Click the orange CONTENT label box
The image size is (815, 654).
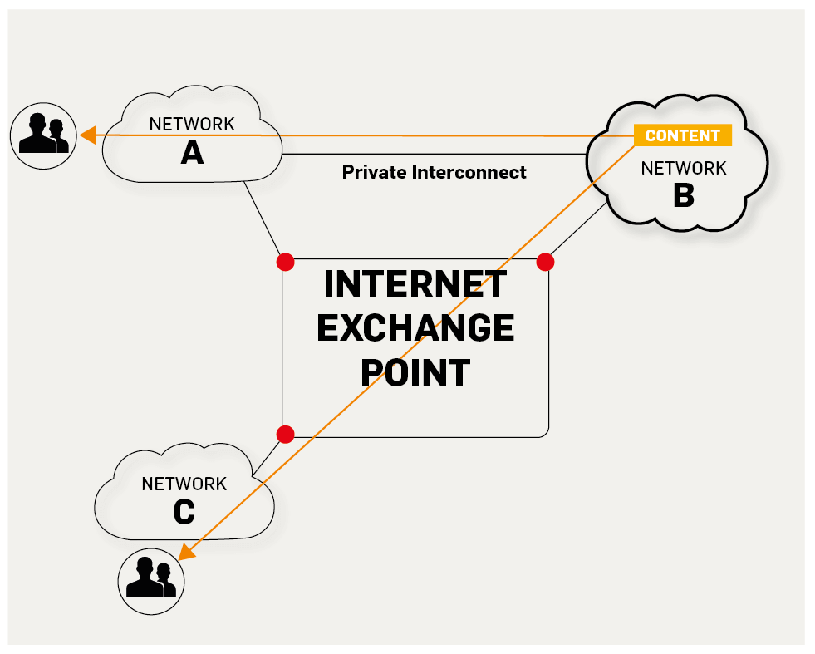[682, 135]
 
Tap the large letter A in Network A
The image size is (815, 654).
[192, 152]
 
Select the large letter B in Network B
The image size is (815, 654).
[683, 196]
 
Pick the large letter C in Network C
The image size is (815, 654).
[184, 512]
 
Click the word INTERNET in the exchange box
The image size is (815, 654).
[415, 284]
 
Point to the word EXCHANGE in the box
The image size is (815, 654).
[415, 328]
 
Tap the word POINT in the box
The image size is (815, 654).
[415, 372]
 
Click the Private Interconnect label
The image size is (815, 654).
[434, 172]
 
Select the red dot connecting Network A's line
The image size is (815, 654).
[286, 263]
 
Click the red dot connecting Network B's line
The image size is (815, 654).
[545, 263]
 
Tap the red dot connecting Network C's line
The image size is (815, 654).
[285, 434]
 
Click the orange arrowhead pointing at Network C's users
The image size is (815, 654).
[188, 553]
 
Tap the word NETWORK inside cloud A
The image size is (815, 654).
[192, 125]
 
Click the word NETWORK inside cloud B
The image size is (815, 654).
[683, 169]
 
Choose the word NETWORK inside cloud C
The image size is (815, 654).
[184, 484]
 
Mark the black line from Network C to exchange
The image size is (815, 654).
[268, 456]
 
